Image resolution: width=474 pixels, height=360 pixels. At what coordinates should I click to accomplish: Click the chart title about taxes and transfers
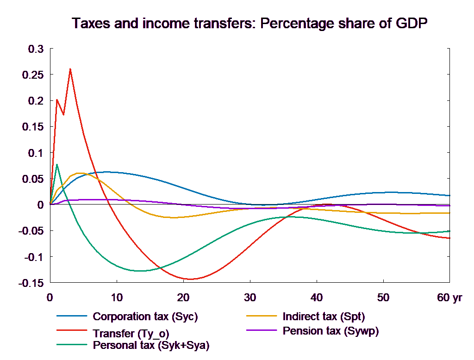250,23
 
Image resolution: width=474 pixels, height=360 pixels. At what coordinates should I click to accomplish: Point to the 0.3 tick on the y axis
36,49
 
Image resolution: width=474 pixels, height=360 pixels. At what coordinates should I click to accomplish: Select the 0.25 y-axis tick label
33,74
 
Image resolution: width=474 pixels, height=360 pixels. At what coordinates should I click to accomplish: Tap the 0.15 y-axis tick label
33,127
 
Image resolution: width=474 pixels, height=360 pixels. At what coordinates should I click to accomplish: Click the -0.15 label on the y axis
31,283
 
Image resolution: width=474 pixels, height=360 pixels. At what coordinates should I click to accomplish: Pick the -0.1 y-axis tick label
33,257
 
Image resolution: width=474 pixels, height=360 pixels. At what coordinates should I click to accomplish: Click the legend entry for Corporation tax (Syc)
145,317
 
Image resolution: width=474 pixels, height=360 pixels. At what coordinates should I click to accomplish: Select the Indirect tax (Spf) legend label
324,317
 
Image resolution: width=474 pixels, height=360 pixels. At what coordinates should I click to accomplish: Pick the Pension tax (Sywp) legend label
331,331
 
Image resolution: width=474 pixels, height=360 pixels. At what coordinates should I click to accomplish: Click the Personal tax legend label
151,345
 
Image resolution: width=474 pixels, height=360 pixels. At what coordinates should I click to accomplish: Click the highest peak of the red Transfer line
70,69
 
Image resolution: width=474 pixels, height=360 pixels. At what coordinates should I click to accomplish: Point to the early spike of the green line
56,164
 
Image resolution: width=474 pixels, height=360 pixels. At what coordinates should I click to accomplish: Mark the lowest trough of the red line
190,279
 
